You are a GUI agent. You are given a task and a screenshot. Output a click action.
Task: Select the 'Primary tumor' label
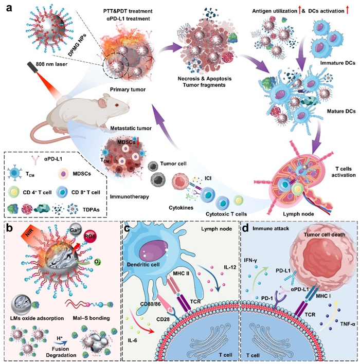click(x=119, y=89)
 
